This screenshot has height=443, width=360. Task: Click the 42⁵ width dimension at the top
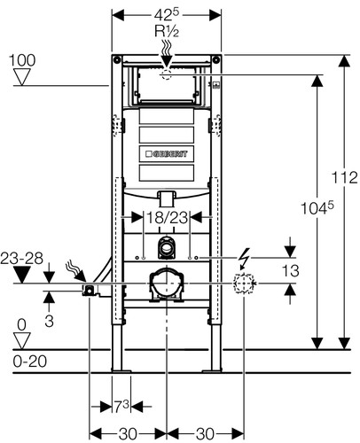coord(167,14)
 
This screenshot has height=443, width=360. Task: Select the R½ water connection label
coord(167,31)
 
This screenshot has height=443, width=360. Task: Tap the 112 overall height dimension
coord(344,178)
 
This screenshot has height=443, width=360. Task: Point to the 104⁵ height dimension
coord(317,208)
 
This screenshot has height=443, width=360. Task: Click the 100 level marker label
coord(22,60)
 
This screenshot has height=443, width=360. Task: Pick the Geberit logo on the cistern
coord(167,154)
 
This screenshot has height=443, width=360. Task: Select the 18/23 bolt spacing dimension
coord(167,218)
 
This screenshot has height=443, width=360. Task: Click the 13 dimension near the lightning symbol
coord(291,270)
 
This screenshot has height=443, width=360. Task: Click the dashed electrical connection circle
coord(244,284)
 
